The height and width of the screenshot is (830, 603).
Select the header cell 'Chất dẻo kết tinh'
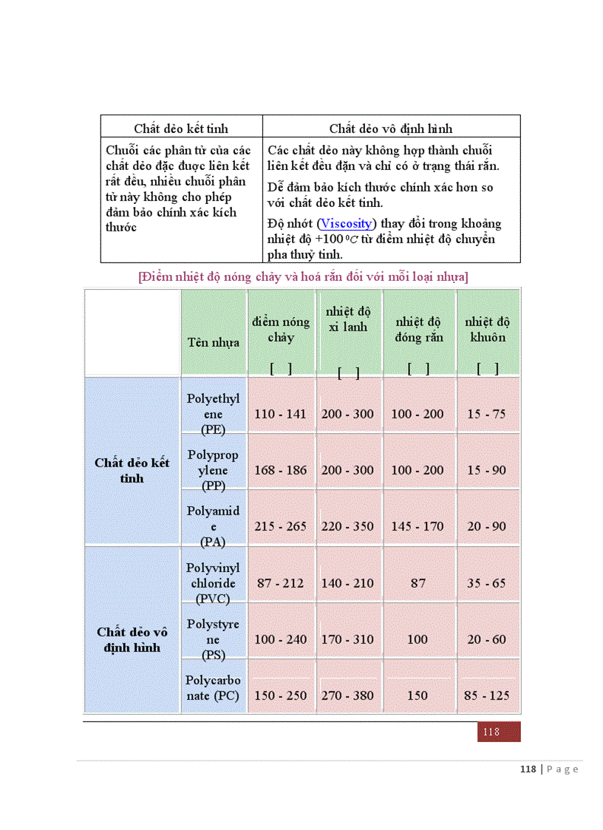pos(181,129)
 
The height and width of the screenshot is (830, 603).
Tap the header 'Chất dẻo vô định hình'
pos(391,129)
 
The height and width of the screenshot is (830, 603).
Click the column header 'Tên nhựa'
pos(213,342)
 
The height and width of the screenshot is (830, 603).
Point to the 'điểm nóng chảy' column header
pos(281,330)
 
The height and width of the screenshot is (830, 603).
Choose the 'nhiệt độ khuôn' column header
pos(486,330)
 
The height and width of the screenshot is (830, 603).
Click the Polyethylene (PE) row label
pos(214,414)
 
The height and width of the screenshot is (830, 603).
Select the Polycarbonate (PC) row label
pos(213,688)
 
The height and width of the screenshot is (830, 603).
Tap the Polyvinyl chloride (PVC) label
pos(213,583)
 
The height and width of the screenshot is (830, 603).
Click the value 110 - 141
pos(280,414)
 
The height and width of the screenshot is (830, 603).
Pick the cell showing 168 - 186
pos(280,470)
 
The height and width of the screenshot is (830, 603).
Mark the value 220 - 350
pos(347,526)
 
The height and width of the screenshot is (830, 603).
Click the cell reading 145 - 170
pos(418,526)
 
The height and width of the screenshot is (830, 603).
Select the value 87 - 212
pos(280,583)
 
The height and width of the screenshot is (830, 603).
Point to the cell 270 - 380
pos(347,695)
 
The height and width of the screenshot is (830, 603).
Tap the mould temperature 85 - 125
pos(488,695)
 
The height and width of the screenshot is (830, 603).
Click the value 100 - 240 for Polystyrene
pos(280,639)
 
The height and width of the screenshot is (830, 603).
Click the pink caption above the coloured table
pos(303,277)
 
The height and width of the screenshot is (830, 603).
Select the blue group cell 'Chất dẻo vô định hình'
pos(132,640)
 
